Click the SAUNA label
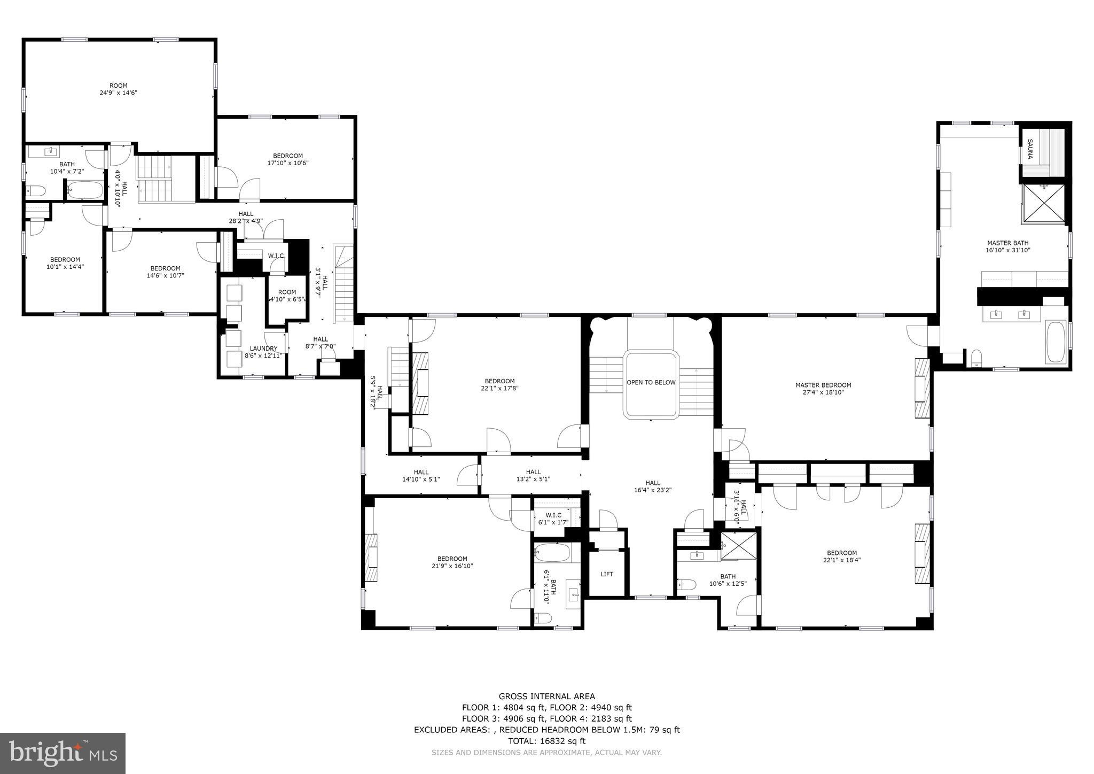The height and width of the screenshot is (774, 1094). click(x=1030, y=150)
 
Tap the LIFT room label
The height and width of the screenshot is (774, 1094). click(x=607, y=574)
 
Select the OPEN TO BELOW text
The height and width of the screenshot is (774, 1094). click(x=651, y=383)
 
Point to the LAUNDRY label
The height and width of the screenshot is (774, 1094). click(x=263, y=349)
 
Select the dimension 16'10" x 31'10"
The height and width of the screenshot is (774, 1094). click(x=1007, y=250)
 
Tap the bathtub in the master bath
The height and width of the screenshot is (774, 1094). click(x=1056, y=342)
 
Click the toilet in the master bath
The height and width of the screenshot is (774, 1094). click(x=976, y=358)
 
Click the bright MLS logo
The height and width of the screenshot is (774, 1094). click(x=63, y=753)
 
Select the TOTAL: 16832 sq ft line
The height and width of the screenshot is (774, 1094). click(x=546, y=741)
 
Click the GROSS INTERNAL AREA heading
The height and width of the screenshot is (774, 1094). click(x=546, y=696)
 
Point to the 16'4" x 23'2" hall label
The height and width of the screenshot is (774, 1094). click(x=652, y=486)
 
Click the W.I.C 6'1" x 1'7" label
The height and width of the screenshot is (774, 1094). click(x=553, y=519)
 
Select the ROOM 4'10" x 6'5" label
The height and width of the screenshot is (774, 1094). click(x=287, y=296)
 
